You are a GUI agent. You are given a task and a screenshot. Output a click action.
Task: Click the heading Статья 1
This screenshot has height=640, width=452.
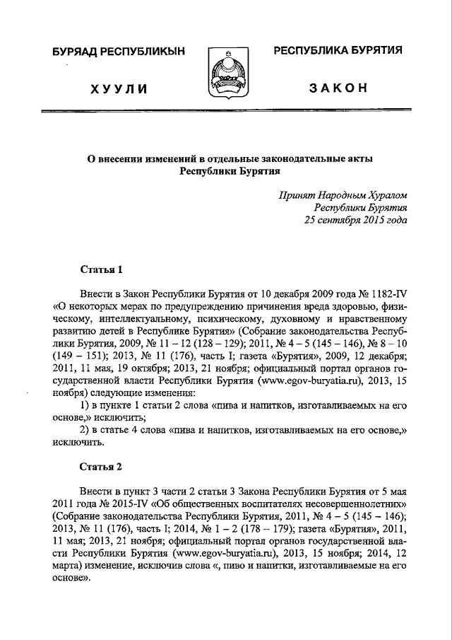point(102,269)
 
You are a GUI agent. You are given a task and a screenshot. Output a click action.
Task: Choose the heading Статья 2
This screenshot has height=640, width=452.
point(102,467)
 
